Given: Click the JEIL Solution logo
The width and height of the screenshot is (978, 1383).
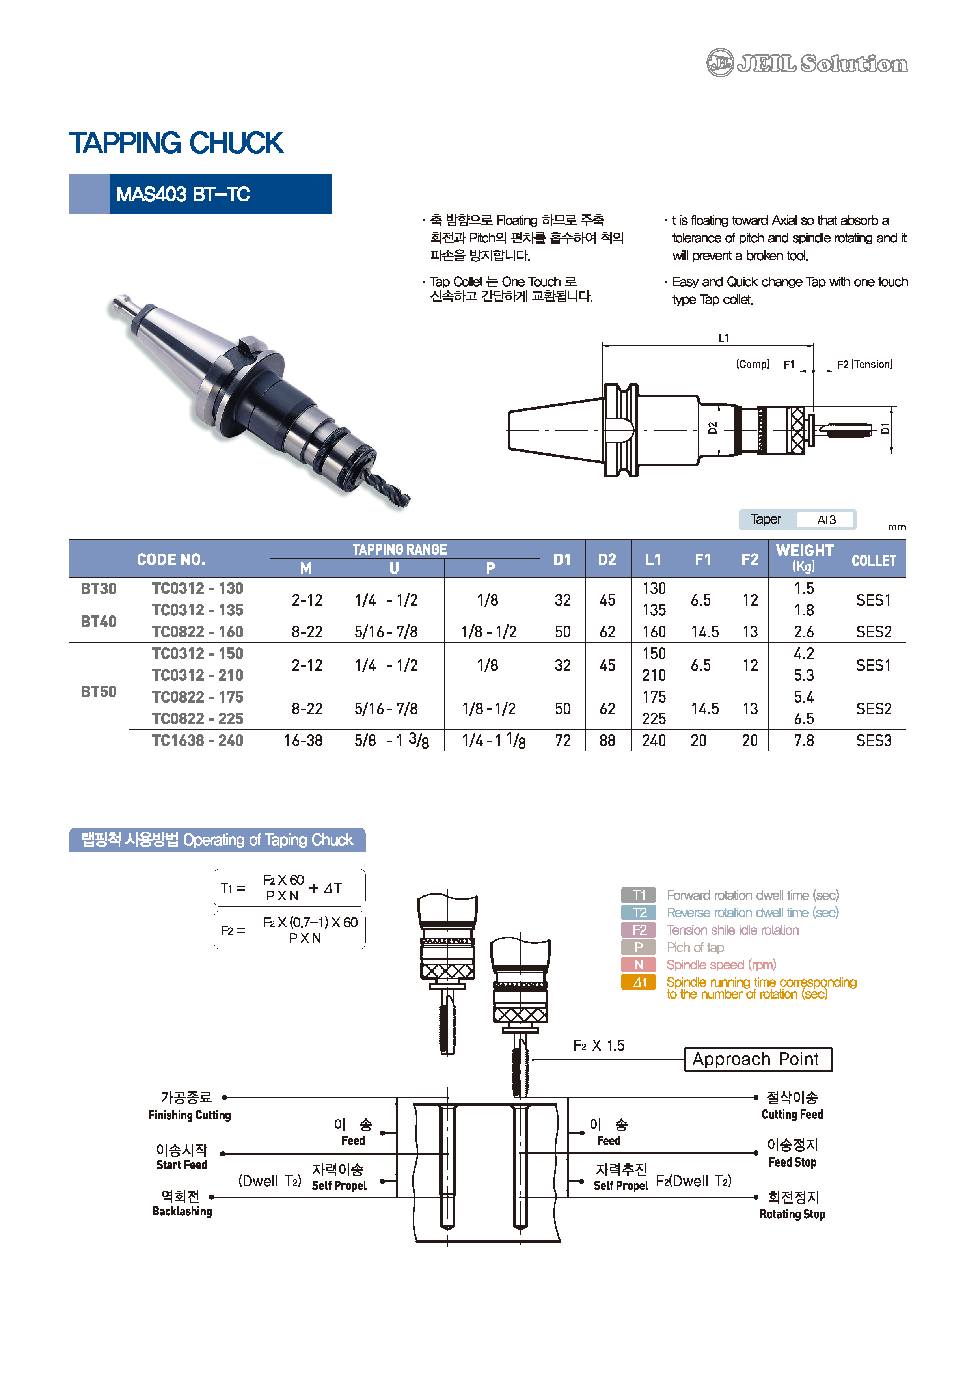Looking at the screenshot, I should (807, 63).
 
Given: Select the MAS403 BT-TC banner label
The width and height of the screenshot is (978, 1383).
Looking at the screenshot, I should (183, 195).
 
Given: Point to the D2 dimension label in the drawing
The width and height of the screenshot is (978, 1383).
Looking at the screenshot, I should (712, 428).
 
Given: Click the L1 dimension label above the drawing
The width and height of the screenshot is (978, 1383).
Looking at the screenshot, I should (723, 338).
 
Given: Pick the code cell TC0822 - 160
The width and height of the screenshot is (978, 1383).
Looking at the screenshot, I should (197, 632).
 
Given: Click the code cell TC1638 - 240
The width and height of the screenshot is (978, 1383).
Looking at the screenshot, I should (197, 740).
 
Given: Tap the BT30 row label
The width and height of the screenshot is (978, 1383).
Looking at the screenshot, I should (99, 589).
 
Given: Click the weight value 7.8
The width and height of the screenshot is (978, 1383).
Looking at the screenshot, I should (804, 740).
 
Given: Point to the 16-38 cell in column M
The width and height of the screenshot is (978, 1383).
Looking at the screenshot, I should (304, 740).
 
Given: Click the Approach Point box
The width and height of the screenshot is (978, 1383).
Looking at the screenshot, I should (758, 1059).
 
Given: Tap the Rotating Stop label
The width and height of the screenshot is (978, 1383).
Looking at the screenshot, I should (792, 1214).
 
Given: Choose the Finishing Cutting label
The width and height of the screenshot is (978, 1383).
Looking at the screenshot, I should (189, 1115).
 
